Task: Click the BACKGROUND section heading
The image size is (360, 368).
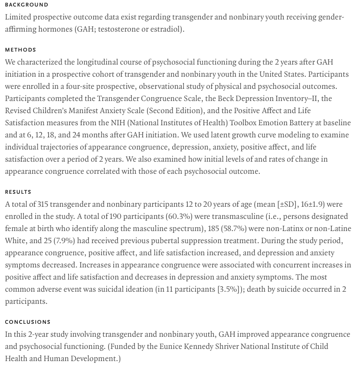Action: click(26, 5)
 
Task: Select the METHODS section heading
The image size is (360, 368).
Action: click(20, 50)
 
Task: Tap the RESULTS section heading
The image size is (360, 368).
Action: click(18, 192)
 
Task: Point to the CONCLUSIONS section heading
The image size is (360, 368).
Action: click(28, 322)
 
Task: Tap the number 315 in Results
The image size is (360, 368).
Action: click(43, 204)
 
